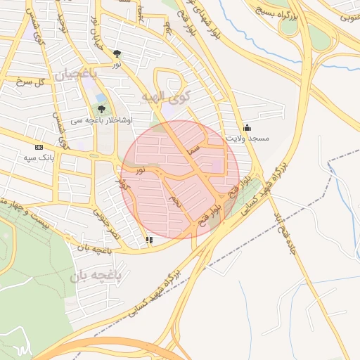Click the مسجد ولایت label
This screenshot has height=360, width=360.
[247, 139]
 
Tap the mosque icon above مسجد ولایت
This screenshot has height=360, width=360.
[247, 127]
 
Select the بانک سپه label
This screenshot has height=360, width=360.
[39, 157]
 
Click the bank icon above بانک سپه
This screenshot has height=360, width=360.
[38, 147]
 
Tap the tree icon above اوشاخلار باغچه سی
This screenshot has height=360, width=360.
[102, 109]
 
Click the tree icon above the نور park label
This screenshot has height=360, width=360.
[117, 53]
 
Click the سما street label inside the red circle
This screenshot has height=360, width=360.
[195, 149]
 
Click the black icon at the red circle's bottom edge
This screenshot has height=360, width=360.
[149, 240]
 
